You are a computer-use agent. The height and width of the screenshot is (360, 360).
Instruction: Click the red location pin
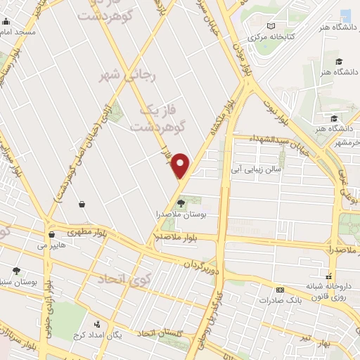coord(181,165)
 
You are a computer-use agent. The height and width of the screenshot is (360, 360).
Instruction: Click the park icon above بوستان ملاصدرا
coord(181,203)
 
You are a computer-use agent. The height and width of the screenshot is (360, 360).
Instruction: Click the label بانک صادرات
coord(259,300)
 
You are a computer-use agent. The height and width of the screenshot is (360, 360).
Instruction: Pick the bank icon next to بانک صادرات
coord(280,290)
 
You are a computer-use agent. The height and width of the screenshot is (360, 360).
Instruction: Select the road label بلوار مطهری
coord(84,231)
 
